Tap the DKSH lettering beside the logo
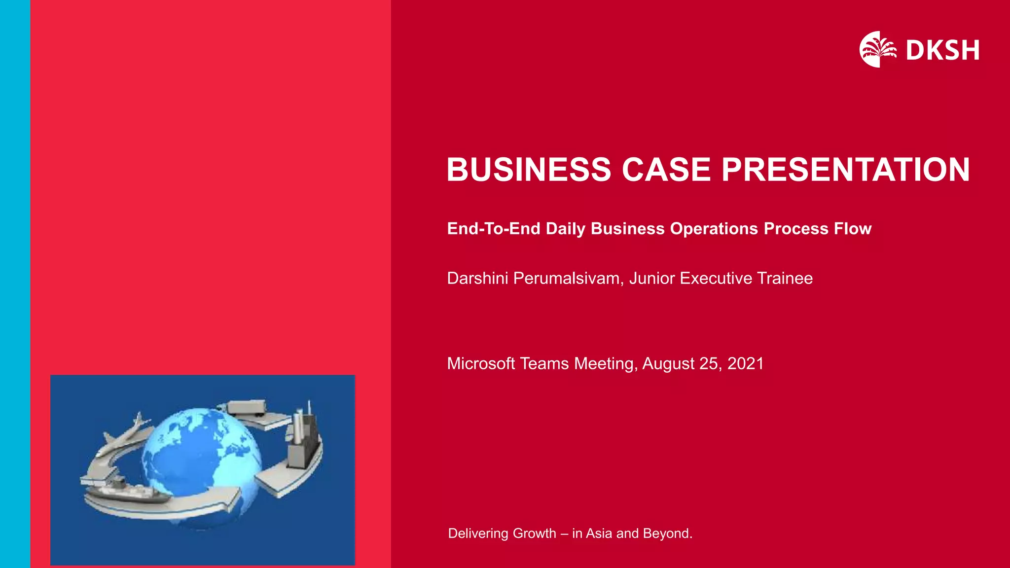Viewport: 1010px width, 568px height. pyautogui.click(x=942, y=50)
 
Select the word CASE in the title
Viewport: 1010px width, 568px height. pyautogui.click(x=666, y=170)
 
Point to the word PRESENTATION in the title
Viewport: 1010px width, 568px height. pyautogui.click(x=845, y=170)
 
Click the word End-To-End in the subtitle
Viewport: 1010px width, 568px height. pyautogui.click(x=494, y=229)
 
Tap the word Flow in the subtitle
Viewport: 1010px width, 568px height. pyautogui.click(x=853, y=229)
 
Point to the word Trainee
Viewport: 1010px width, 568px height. pyautogui.click(x=785, y=279)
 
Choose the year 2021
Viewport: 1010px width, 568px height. pyautogui.click(x=745, y=364)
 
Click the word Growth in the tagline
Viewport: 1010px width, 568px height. pyautogui.click(x=535, y=533)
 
